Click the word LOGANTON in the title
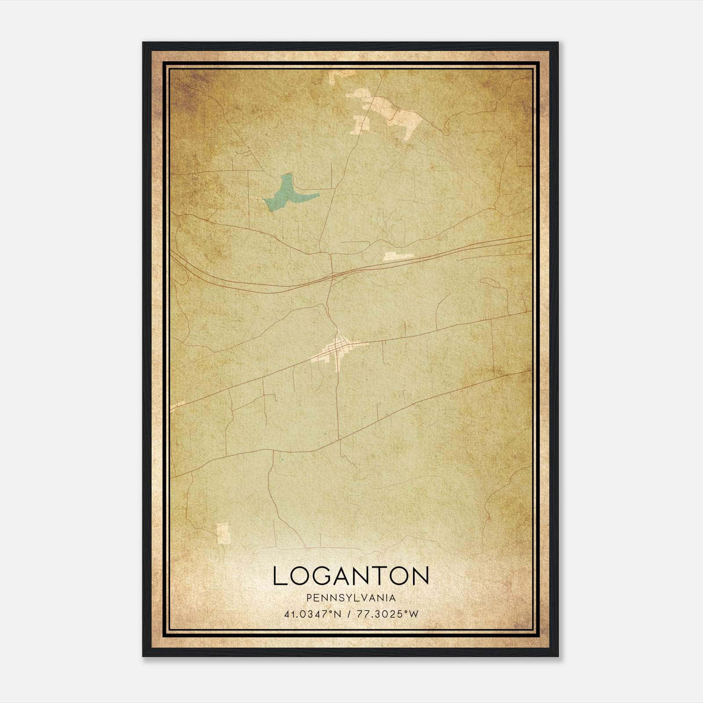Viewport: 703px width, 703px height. coord(351,576)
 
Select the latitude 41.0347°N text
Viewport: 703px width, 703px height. coord(312,614)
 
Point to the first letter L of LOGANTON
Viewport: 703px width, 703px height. coord(279,576)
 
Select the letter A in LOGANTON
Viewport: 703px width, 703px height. coord(350,576)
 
